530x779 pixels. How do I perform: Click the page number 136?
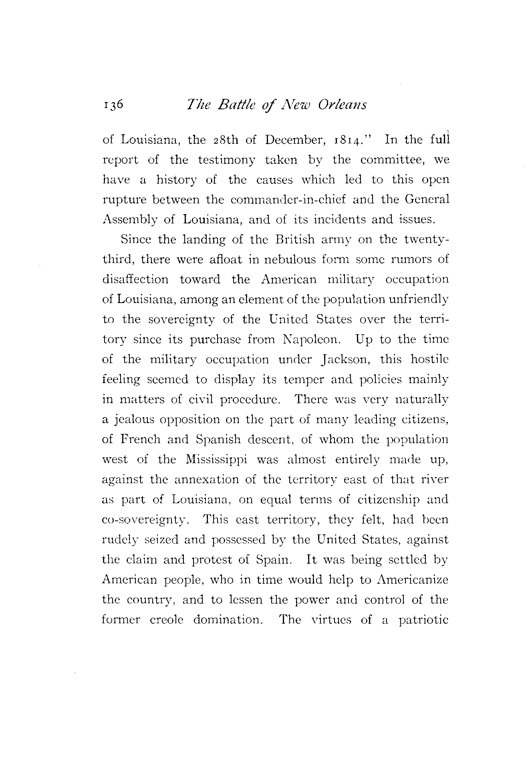pyautogui.click(x=114, y=105)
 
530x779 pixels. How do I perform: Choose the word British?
pyautogui.click(x=296, y=240)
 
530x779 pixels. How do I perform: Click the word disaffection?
pyautogui.click(x=135, y=279)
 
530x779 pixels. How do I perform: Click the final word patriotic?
pyautogui.click(x=423, y=620)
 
